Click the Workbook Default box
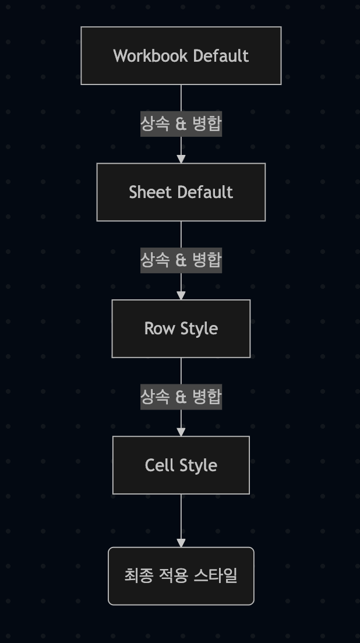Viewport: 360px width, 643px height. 181,56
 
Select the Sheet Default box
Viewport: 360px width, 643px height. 181,192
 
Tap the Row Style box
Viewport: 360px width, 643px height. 181,328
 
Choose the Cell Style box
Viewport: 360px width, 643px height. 181,465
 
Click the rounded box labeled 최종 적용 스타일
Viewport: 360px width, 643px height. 181,576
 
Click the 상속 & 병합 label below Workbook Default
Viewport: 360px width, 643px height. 181,123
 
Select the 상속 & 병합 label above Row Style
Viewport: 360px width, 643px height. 181,260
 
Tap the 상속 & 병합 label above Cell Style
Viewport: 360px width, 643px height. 181,397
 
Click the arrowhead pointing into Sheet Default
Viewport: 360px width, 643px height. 181,159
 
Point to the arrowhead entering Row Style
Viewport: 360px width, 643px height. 181,296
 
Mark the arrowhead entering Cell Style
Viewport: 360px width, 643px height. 181,432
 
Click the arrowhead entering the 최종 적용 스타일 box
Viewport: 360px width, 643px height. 181,543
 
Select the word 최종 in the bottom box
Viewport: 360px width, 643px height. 139,575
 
